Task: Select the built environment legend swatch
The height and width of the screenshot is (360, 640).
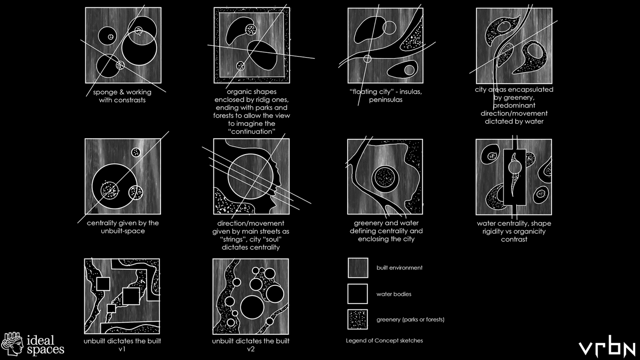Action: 357,268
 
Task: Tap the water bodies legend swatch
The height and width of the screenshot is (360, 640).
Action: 357,293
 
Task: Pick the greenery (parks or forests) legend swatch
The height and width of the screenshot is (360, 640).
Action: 357,319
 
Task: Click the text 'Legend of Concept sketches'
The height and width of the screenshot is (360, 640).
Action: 384,340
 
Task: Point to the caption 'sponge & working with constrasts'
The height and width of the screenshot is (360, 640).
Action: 123,96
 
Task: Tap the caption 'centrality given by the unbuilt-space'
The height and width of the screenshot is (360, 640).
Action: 123,227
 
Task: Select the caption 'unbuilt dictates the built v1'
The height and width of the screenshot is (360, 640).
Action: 123,345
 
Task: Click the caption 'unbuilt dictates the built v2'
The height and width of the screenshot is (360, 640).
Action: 251,345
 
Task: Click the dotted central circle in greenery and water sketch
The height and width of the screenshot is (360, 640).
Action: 385,178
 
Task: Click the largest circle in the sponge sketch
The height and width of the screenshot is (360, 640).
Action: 139,49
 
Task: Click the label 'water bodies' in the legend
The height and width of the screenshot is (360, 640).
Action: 394,294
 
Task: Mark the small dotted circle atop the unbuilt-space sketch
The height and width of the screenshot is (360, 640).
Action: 136,153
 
